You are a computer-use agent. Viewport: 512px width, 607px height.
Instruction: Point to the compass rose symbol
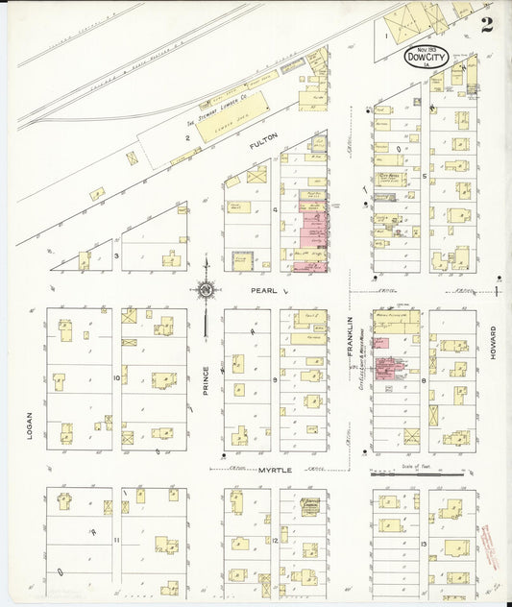206,288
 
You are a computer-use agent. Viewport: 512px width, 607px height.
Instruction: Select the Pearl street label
266,289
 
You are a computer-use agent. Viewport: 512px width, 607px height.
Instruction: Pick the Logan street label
32,424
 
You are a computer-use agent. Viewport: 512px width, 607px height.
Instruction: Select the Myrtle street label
274,469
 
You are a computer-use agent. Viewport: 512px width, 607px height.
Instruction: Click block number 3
117,255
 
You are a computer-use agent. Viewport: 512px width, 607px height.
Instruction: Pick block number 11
116,542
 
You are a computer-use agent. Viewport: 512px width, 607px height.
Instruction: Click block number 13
424,544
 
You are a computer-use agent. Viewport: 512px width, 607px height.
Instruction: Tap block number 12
276,543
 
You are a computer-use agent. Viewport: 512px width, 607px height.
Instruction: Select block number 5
424,177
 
